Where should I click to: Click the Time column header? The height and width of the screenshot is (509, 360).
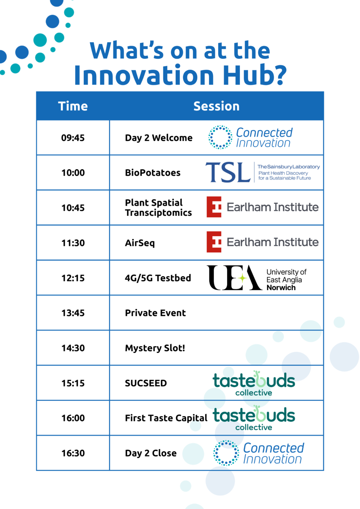[x=73, y=106]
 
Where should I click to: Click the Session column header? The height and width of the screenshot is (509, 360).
[x=216, y=106]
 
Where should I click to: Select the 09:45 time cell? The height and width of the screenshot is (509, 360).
[x=73, y=138]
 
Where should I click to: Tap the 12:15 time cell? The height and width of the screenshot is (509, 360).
[x=73, y=278]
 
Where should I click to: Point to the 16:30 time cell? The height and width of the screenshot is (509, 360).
[x=73, y=453]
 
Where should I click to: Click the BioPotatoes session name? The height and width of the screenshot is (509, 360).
[x=153, y=173]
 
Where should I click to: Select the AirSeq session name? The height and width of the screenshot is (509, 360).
[x=140, y=243]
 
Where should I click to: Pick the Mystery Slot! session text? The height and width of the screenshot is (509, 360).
[x=155, y=348]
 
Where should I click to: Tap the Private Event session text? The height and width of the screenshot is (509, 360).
[x=156, y=313]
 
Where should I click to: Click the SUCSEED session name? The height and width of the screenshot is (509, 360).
[x=146, y=383]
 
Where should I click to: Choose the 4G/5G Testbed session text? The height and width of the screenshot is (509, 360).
[x=158, y=278]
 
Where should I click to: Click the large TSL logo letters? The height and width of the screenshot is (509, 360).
[x=228, y=172]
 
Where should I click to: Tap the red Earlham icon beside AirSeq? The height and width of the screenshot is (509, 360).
[x=214, y=242]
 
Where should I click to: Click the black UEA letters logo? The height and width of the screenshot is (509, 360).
[x=234, y=278]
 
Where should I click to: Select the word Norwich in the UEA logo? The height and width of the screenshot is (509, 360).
[x=281, y=288]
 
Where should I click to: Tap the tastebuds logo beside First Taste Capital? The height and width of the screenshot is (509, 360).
[x=254, y=418]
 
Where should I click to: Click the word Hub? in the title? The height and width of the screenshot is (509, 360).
[x=255, y=75]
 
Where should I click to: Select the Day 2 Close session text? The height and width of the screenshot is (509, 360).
[x=151, y=453]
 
